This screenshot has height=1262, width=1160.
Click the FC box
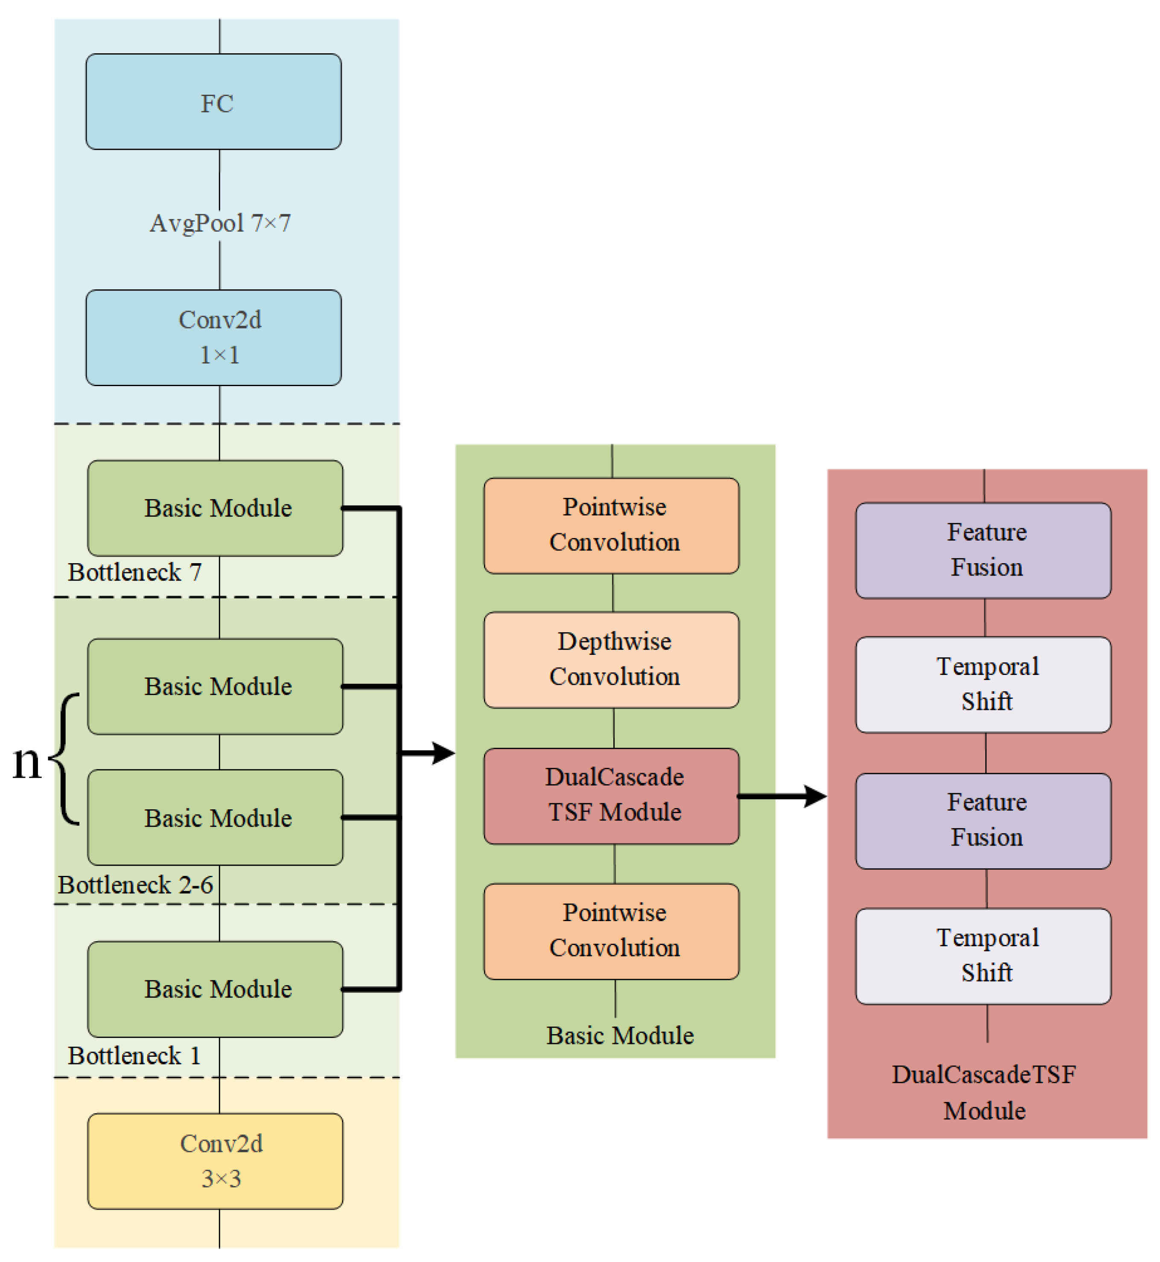[x=213, y=102]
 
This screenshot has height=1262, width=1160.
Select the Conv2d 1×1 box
[x=213, y=337]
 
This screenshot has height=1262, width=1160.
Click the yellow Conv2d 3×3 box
[x=215, y=1161]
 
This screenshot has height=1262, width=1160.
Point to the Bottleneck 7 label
[x=134, y=572]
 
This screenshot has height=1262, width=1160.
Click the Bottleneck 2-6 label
[x=136, y=885]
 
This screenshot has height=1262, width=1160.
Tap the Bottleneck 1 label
[x=134, y=1056]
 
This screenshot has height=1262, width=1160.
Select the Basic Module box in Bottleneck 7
[x=215, y=508]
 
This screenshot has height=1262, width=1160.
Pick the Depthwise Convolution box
[x=612, y=660]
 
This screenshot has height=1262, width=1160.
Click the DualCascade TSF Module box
[x=612, y=796]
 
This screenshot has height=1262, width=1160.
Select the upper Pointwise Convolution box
[x=612, y=525]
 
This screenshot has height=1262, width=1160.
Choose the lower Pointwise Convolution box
[x=612, y=931]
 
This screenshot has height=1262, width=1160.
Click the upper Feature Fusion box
[x=983, y=550]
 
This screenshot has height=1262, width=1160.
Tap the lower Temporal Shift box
[x=983, y=956]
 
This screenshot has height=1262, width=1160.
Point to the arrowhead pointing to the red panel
[x=816, y=797]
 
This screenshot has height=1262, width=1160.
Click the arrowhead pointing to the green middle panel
[x=444, y=753]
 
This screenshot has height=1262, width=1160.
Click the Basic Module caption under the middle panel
[x=620, y=1036]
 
